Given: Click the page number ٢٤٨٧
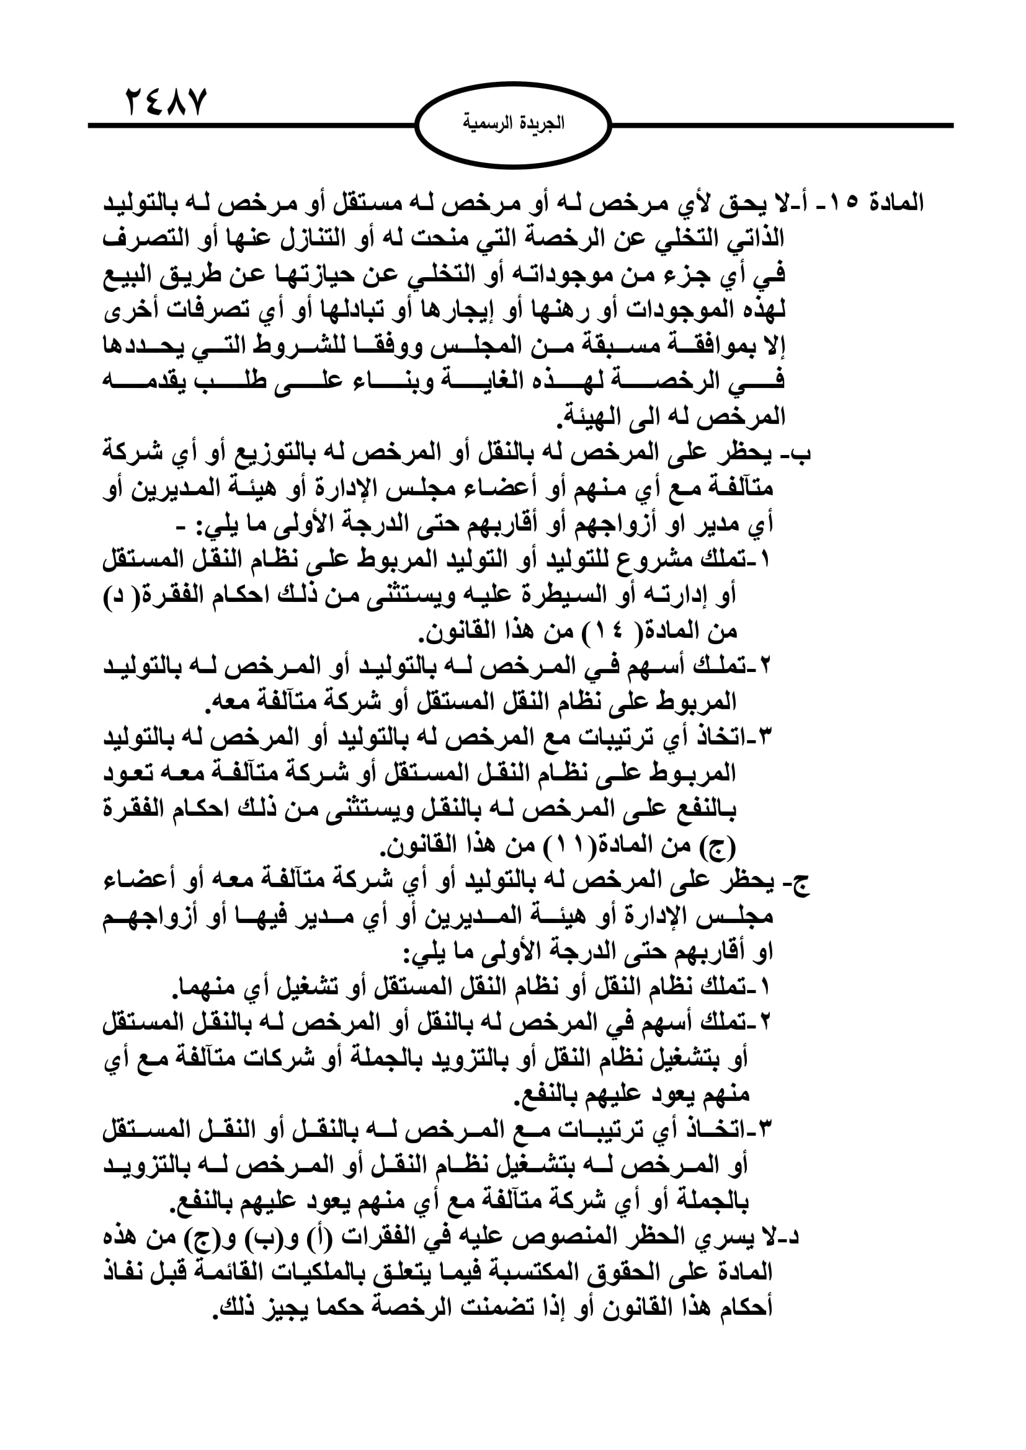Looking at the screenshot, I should click(x=166, y=102).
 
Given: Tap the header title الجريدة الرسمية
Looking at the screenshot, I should click(x=514, y=123).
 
